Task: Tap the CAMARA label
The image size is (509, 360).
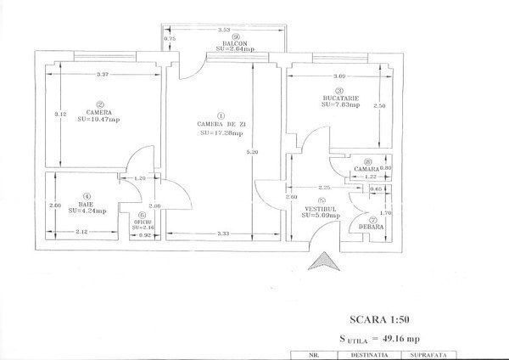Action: click(x=367, y=170)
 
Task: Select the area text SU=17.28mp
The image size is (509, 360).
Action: click(x=219, y=133)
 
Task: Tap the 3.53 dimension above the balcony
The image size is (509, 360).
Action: click(x=225, y=30)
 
